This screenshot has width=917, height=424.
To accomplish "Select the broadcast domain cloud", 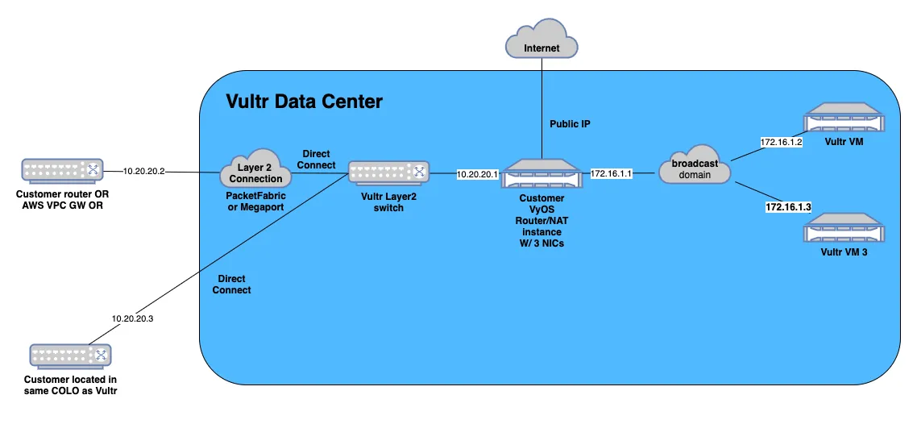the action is [x=694, y=165].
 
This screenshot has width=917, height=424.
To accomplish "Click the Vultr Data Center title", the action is [x=304, y=102].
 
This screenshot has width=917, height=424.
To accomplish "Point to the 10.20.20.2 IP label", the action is [x=144, y=172].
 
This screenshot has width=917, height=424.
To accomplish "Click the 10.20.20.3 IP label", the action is [x=133, y=318].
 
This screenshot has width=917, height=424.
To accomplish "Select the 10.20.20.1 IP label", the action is [x=478, y=173].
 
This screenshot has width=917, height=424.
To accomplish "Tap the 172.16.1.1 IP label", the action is [x=610, y=173].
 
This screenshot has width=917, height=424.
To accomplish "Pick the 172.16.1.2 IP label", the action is [x=780, y=142].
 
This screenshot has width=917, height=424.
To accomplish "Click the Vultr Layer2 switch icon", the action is [x=388, y=172].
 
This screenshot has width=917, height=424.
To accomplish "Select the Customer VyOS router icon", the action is [x=541, y=173].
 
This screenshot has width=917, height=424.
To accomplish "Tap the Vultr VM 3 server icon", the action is [x=844, y=229].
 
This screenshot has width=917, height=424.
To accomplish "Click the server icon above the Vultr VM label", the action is [x=844, y=119].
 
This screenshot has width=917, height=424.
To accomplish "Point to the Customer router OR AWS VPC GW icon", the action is [x=62, y=169].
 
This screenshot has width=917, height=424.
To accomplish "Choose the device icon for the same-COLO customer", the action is [x=70, y=355].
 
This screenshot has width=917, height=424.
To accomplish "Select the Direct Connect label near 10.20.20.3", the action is [x=231, y=285].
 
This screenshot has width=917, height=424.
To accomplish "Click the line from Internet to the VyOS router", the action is [x=541, y=107].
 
